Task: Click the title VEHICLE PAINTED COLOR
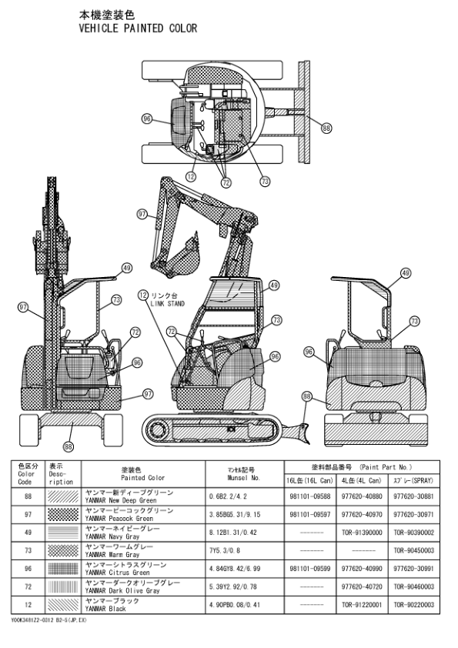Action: (x=138, y=28)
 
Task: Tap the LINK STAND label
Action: (x=167, y=304)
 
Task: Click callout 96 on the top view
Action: (x=147, y=119)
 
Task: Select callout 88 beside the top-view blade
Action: (x=326, y=128)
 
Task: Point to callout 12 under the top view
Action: (x=191, y=177)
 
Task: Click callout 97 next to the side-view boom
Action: (x=142, y=214)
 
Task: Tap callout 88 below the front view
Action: (x=69, y=446)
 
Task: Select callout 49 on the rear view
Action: (x=406, y=272)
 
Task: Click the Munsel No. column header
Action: (x=244, y=474)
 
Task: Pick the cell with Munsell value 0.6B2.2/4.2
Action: (x=228, y=496)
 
